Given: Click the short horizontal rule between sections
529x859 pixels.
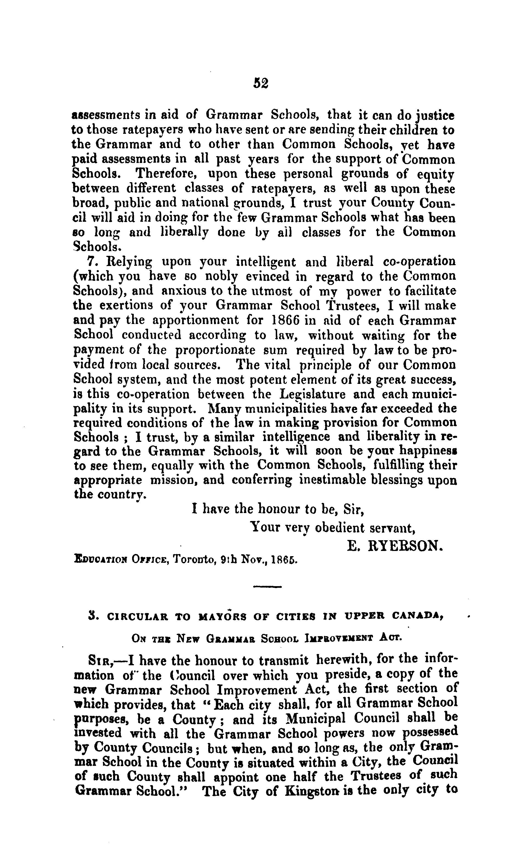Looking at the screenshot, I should point(267,586).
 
